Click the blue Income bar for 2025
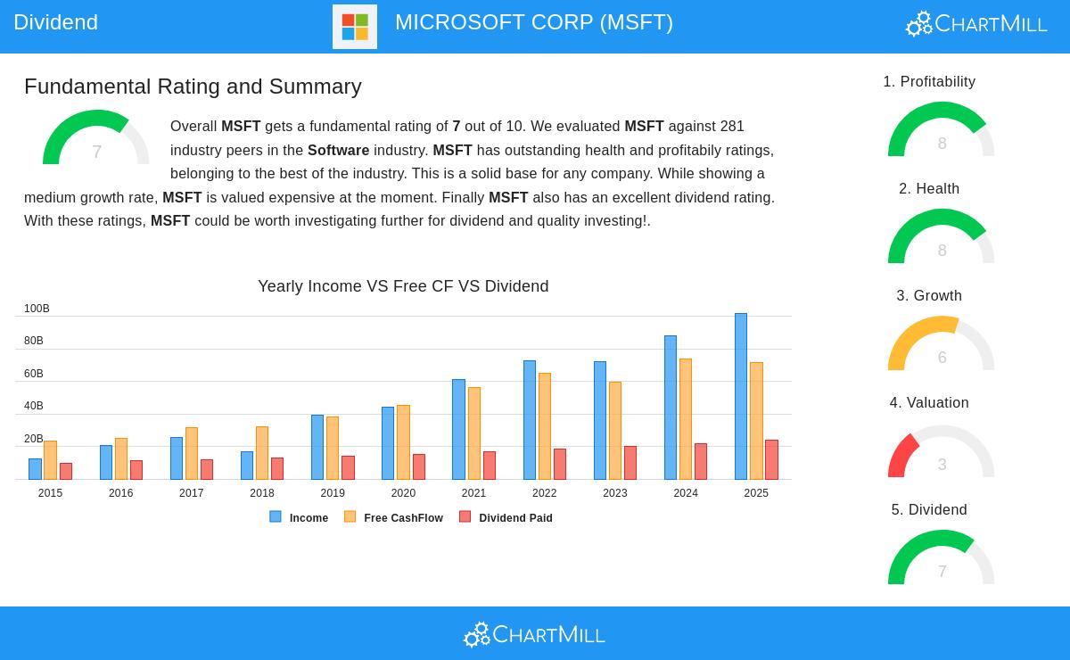[741, 397]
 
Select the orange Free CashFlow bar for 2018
[262, 453]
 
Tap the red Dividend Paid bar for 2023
[630, 463]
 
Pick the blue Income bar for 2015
[35, 469]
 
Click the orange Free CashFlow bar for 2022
[545, 426]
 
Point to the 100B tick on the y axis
[37, 309]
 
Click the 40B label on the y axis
[34, 406]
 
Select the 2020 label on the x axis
[403, 493]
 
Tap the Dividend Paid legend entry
[506, 517]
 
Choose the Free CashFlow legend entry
[393, 517]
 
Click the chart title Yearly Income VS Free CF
[403, 286]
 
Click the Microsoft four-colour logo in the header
[355, 27]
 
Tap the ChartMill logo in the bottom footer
[534, 634]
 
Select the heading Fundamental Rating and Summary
[193, 87]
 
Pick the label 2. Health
[929, 189]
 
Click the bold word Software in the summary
[338, 150]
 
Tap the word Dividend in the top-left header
[55, 22]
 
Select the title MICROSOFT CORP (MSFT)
[534, 22]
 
